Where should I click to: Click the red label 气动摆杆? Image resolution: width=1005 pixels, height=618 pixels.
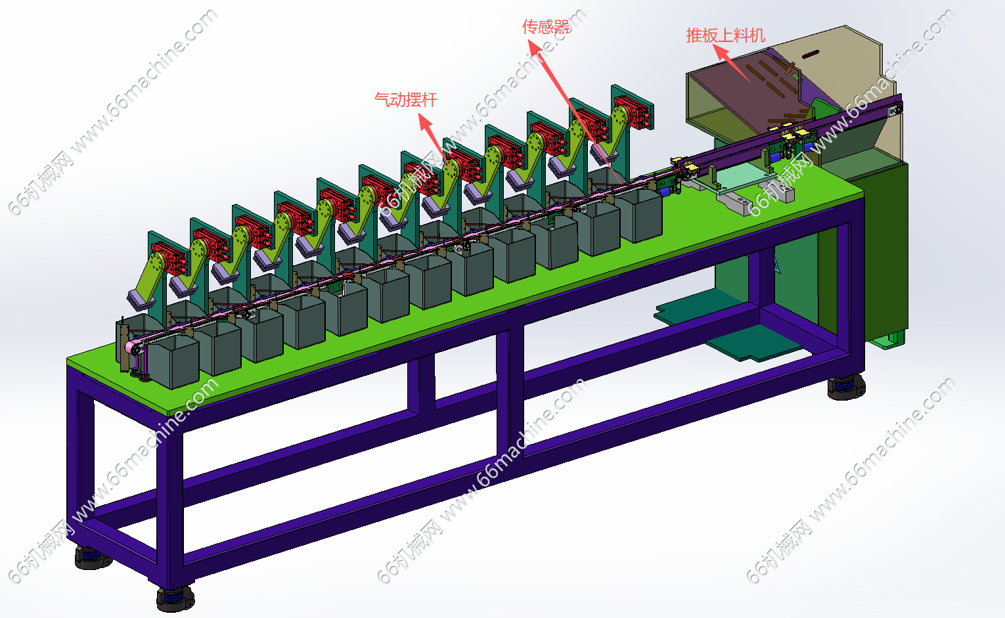[405, 100]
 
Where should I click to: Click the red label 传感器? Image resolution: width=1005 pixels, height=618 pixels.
[545, 27]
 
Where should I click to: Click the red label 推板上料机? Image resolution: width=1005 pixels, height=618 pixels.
[725, 35]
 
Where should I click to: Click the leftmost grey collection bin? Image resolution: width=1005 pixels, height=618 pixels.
[172, 362]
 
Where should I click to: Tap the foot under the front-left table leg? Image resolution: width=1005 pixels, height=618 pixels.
[175, 597]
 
